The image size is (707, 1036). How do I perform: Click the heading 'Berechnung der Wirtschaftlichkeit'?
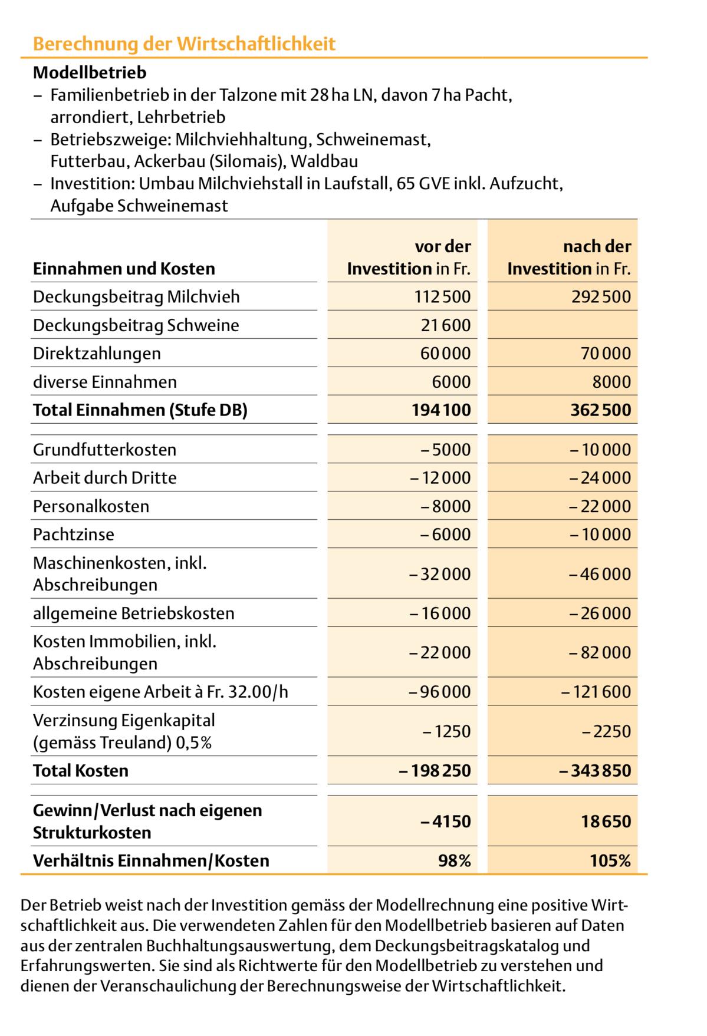184,44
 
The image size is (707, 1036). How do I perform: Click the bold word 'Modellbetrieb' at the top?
90,73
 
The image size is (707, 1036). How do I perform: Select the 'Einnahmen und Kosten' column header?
124,269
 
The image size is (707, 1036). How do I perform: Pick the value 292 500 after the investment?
601,296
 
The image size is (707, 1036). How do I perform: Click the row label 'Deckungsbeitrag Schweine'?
136,325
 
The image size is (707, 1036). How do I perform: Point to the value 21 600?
446,325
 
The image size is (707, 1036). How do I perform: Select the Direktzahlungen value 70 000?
606,354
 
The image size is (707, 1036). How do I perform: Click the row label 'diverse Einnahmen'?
105,382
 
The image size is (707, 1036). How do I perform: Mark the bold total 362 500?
600,410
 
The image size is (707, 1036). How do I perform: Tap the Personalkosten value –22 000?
600,506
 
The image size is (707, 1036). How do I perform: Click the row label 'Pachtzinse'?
74,535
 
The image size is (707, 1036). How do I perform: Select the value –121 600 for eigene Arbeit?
596,692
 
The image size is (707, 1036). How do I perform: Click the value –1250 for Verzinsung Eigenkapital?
446,731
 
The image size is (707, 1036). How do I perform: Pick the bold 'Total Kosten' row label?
81,771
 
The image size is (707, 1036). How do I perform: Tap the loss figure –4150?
446,821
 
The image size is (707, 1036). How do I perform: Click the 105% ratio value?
610,861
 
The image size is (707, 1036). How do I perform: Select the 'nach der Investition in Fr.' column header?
569,258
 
